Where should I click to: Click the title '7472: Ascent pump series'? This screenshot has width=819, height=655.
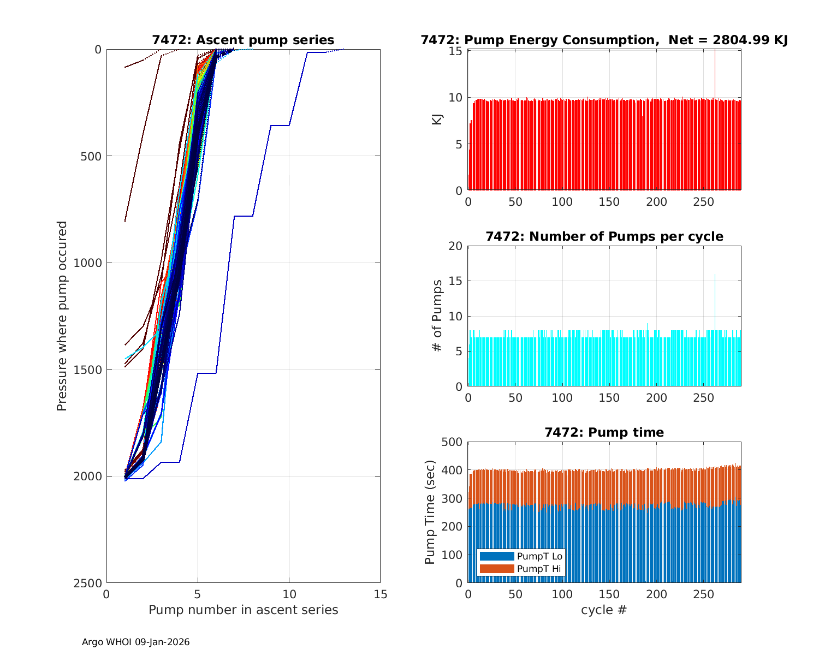(243, 40)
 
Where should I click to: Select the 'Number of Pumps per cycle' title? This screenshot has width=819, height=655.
(604, 236)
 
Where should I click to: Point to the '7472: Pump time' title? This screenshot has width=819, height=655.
(604, 432)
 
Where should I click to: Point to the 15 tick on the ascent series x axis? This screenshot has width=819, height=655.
(380, 594)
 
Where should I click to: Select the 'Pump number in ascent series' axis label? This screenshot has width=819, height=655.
(243, 610)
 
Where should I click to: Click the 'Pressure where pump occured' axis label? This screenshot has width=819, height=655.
(62, 315)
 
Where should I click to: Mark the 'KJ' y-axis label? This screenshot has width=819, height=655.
(437, 120)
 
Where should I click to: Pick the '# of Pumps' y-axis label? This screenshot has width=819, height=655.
(437, 315)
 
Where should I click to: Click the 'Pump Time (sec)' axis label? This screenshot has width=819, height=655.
(430, 512)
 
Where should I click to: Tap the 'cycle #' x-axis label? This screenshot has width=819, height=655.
(604, 610)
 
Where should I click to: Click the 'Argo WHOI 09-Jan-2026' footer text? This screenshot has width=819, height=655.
(136, 642)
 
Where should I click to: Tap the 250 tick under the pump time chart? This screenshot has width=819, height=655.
(704, 594)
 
